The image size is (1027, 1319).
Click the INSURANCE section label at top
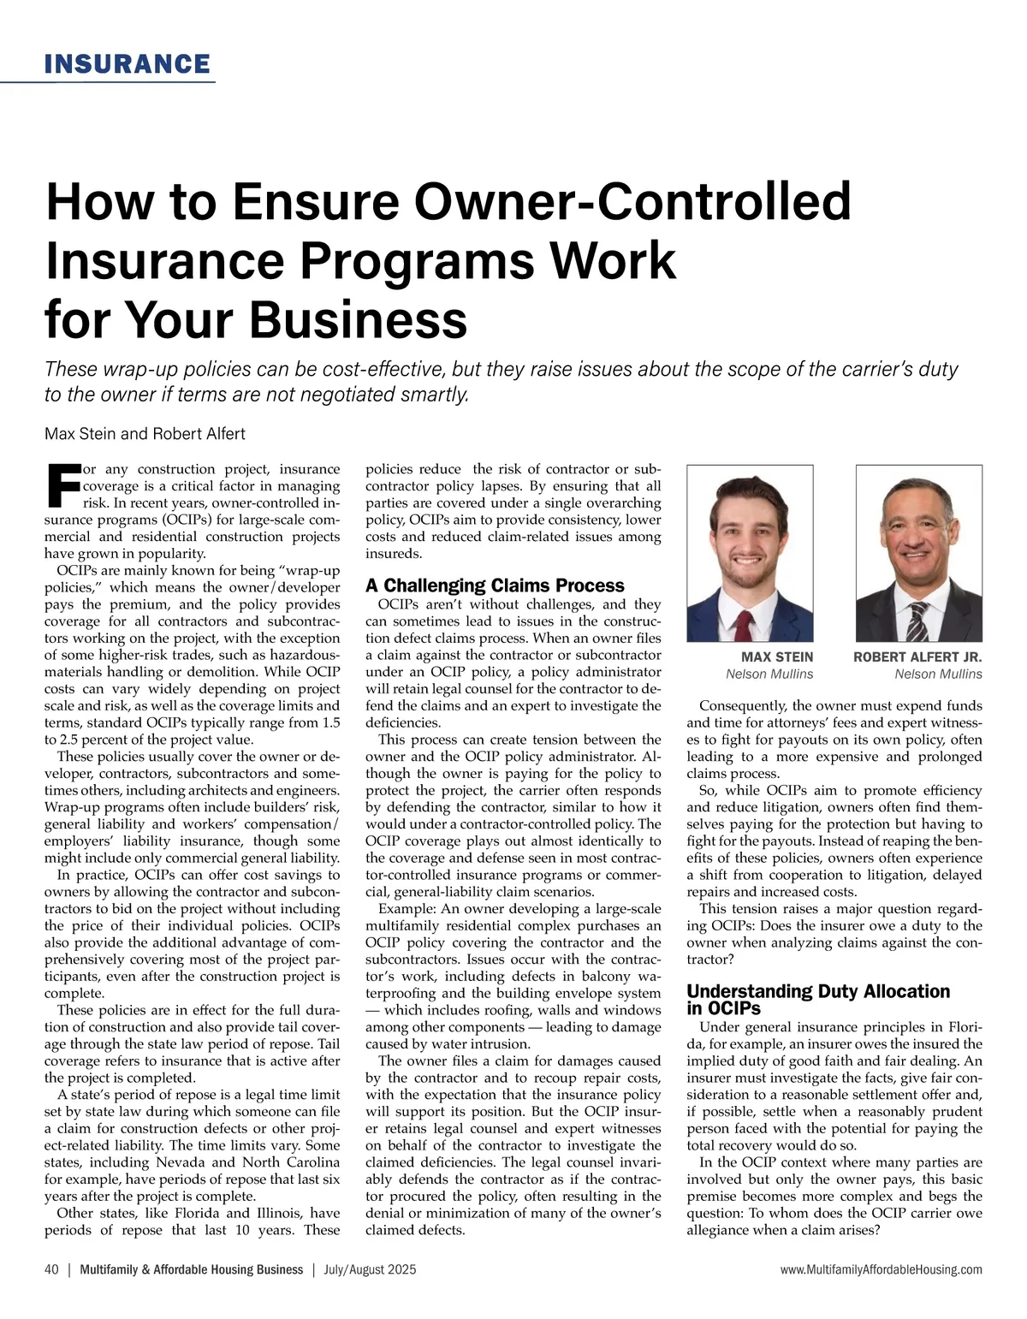click(x=127, y=64)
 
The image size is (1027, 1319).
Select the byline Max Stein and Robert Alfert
click(x=145, y=434)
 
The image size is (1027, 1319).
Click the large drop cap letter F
click(x=62, y=485)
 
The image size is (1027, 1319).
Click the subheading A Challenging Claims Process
click(x=495, y=585)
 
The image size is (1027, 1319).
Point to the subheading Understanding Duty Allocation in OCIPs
click(x=817, y=999)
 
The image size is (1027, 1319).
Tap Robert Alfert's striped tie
click(x=917, y=621)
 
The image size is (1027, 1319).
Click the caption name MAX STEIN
click(x=777, y=657)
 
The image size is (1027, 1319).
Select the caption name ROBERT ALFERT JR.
click(x=917, y=657)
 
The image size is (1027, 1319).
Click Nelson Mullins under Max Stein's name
click(x=769, y=674)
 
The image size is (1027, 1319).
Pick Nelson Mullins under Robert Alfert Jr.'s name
click(x=938, y=674)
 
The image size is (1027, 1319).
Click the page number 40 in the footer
click(x=51, y=1269)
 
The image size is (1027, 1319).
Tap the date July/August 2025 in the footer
click(x=370, y=1269)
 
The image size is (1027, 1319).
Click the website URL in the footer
click(x=882, y=1269)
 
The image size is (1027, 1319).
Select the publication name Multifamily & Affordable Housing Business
click(x=191, y=1269)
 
